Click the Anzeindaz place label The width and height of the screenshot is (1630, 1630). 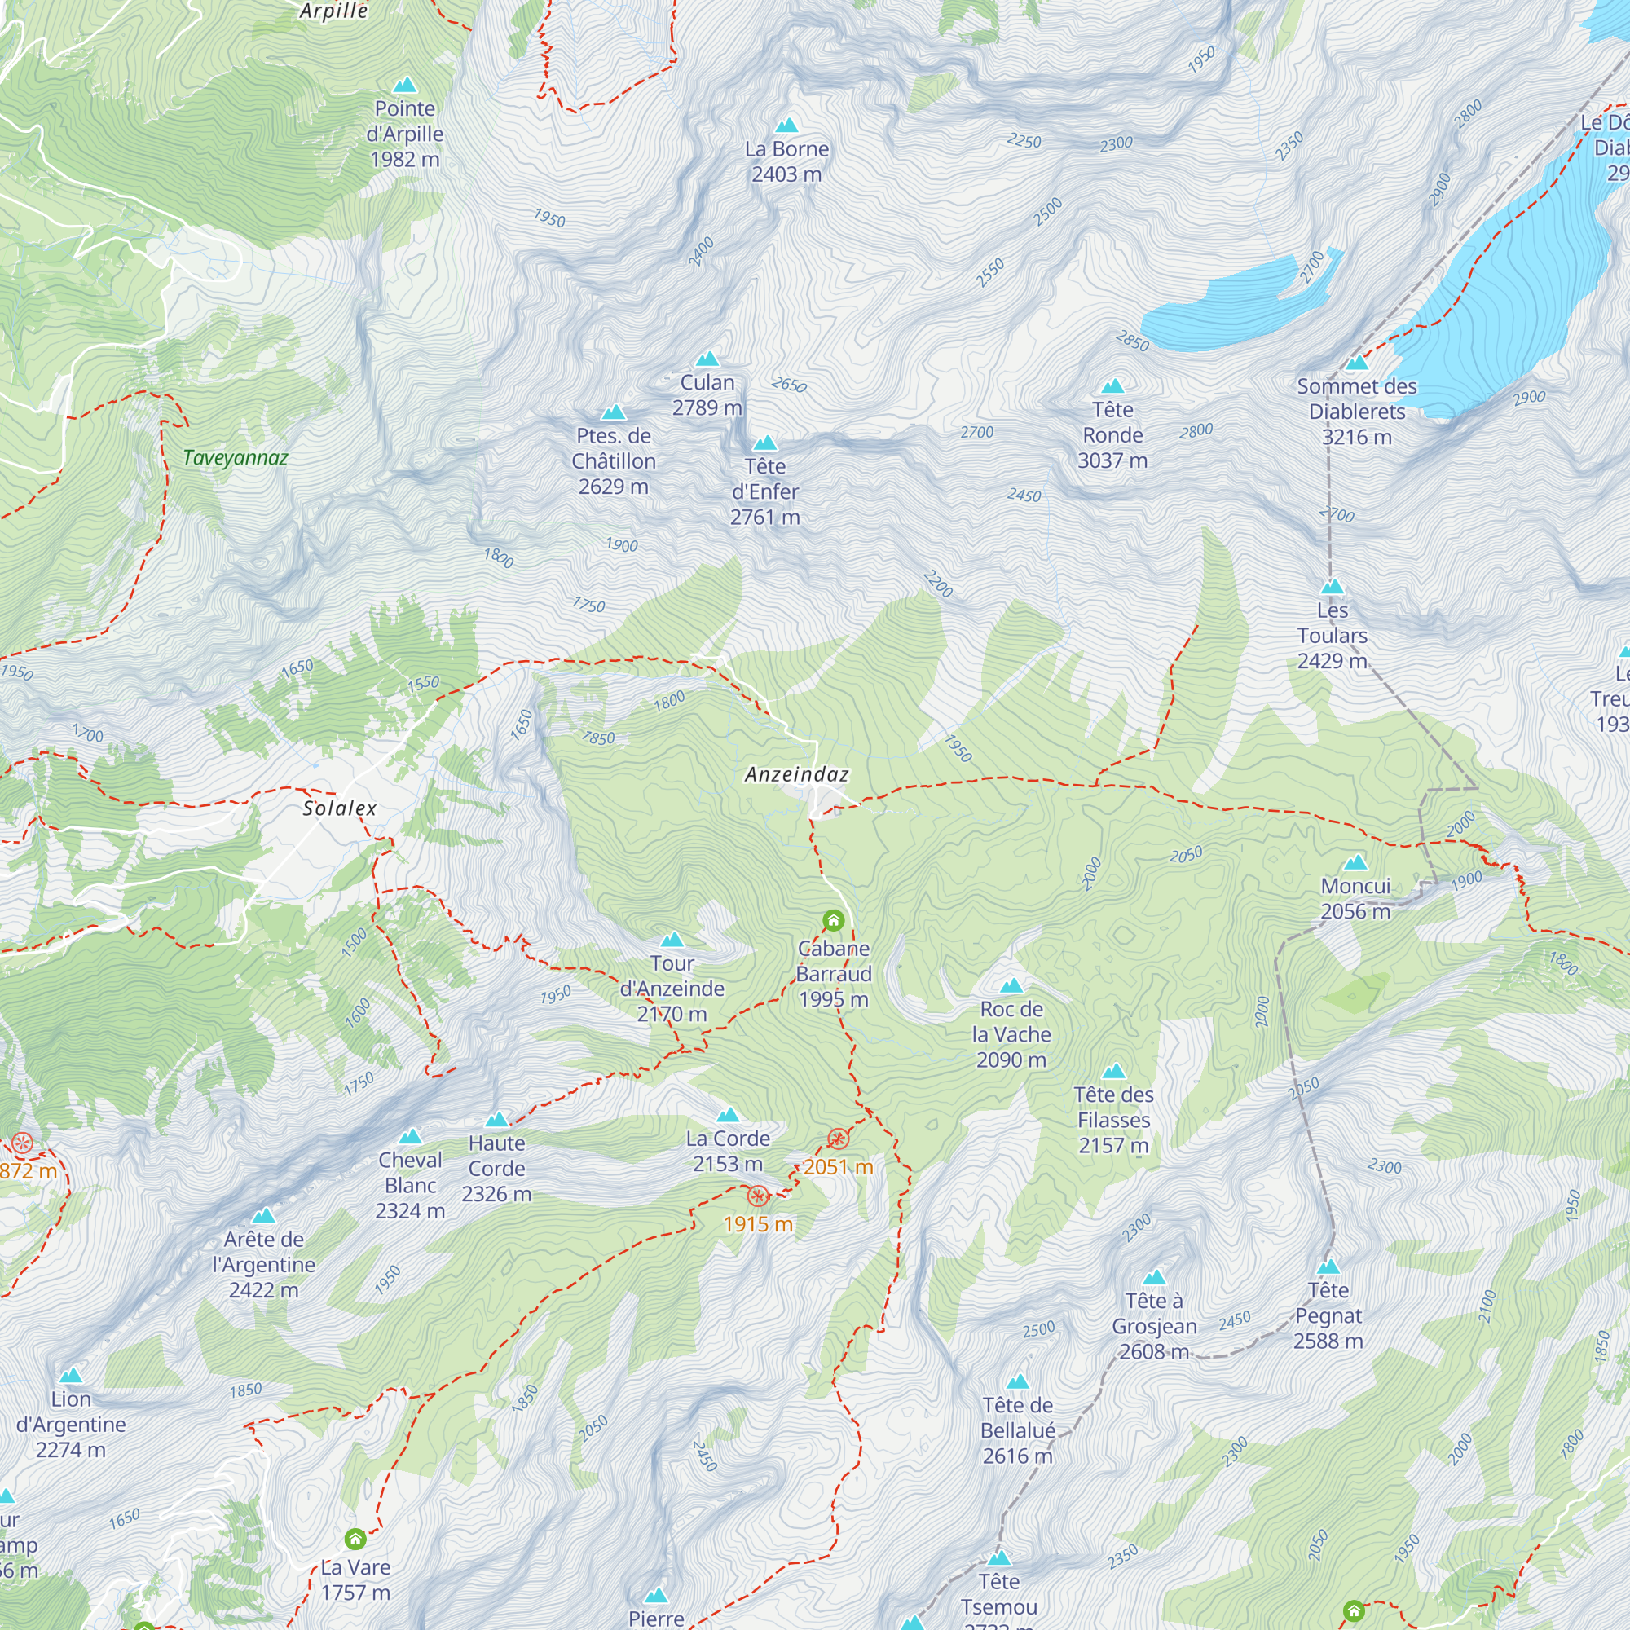pos(796,773)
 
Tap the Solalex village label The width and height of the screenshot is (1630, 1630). pos(339,808)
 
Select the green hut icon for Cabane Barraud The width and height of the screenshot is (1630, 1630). pos(833,919)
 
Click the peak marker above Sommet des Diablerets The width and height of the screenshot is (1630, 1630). pos(1357,363)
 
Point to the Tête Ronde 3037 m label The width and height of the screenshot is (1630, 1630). pos(1112,435)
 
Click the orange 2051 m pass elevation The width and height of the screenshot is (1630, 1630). pos(838,1167)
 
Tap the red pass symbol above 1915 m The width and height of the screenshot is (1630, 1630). pos(758,1196)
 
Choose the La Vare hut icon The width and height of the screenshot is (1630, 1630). pos(355,1539)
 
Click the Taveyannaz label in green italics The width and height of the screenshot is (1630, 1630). pos(236,458)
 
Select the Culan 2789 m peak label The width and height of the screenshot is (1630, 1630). pos(707,394)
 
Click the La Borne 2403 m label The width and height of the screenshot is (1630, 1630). pos(786,161)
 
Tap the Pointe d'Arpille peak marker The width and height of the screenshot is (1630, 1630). pos(405,86)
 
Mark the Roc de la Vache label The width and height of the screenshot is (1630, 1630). pos(1011,1034)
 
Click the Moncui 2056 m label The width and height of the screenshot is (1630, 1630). pos(1355,898)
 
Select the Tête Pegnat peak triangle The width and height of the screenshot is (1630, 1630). pos(1328,1267)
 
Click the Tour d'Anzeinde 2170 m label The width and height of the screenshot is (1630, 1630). pos(672,988)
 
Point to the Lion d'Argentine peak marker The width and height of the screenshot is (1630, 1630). pos(71,1375)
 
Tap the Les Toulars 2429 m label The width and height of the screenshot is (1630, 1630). pos(1332,636)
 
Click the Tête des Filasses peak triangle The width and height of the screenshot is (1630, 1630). pos(1113,1073)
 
